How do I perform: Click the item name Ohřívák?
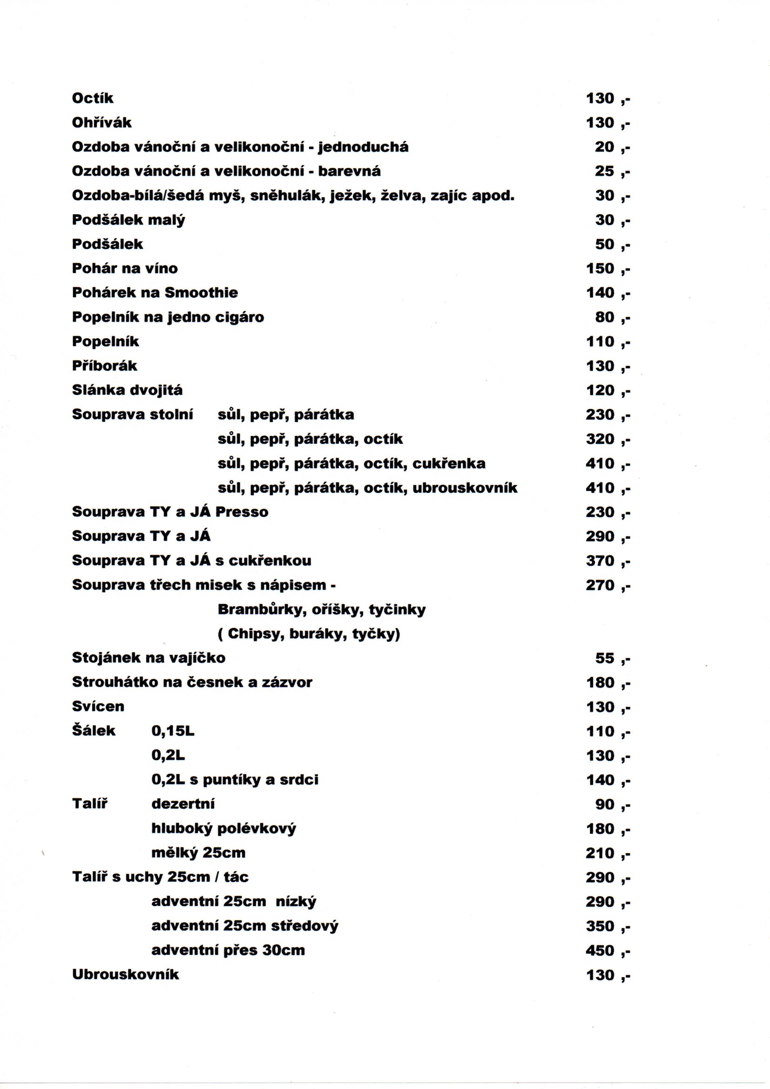tap(101, 123)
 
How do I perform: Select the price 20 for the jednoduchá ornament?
tap(605, 147)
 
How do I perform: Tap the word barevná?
tap(349, 171)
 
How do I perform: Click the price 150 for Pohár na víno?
tap(600, 268)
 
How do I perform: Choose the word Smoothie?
tap(201, 293)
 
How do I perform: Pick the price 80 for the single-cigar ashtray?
tap(605, 317)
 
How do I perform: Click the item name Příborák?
tap(104, 366)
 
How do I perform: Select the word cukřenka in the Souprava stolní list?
tap(448, 463)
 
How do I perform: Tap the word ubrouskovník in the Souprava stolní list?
tap(465, 488)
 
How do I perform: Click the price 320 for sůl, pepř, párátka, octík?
tap(600, 439)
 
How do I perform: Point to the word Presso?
tap(242, 512)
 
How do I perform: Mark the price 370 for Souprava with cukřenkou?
tap(600, 561)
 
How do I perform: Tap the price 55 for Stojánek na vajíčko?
tap(605, 658)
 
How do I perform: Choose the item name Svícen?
tap(98, 707)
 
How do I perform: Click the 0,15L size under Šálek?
tap(173, 731)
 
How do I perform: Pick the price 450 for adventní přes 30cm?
tap(600, 951)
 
